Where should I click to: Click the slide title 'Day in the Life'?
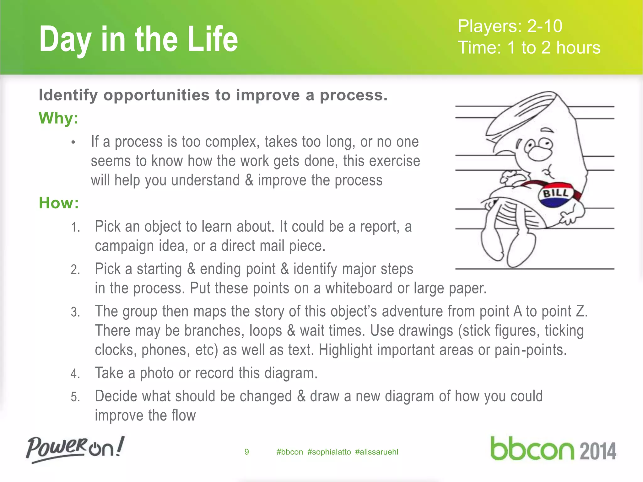click(138, 39)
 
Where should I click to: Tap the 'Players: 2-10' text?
click(510, 26)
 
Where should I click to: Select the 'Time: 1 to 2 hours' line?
click(529, 48)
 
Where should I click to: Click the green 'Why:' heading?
click(58, 118)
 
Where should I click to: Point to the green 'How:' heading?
click(59, 203)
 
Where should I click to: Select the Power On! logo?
click(75, 449)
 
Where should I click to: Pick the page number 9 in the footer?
click(246, 452)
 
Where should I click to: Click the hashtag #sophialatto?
click(329, 452)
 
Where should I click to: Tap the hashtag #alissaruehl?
click(376, 452)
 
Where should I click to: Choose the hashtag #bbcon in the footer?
click(289, 452)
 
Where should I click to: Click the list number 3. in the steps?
click(75, 312)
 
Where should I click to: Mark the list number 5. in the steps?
click(75, 397)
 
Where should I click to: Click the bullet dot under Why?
click(73, 142)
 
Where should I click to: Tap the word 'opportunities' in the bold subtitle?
click(156, 95)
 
